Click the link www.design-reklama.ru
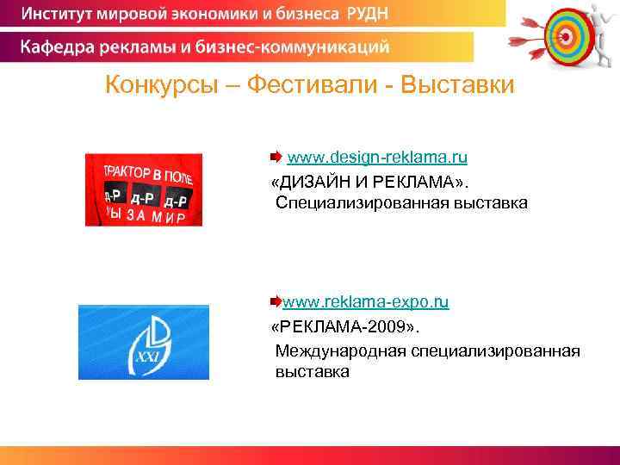point(377,158)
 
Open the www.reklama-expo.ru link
point(366,302)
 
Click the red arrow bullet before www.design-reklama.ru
point(275,158)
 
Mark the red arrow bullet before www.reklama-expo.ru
point(276,302)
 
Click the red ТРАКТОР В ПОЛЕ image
point(143,189)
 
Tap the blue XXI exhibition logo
point(143,342)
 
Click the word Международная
point(340,350)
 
